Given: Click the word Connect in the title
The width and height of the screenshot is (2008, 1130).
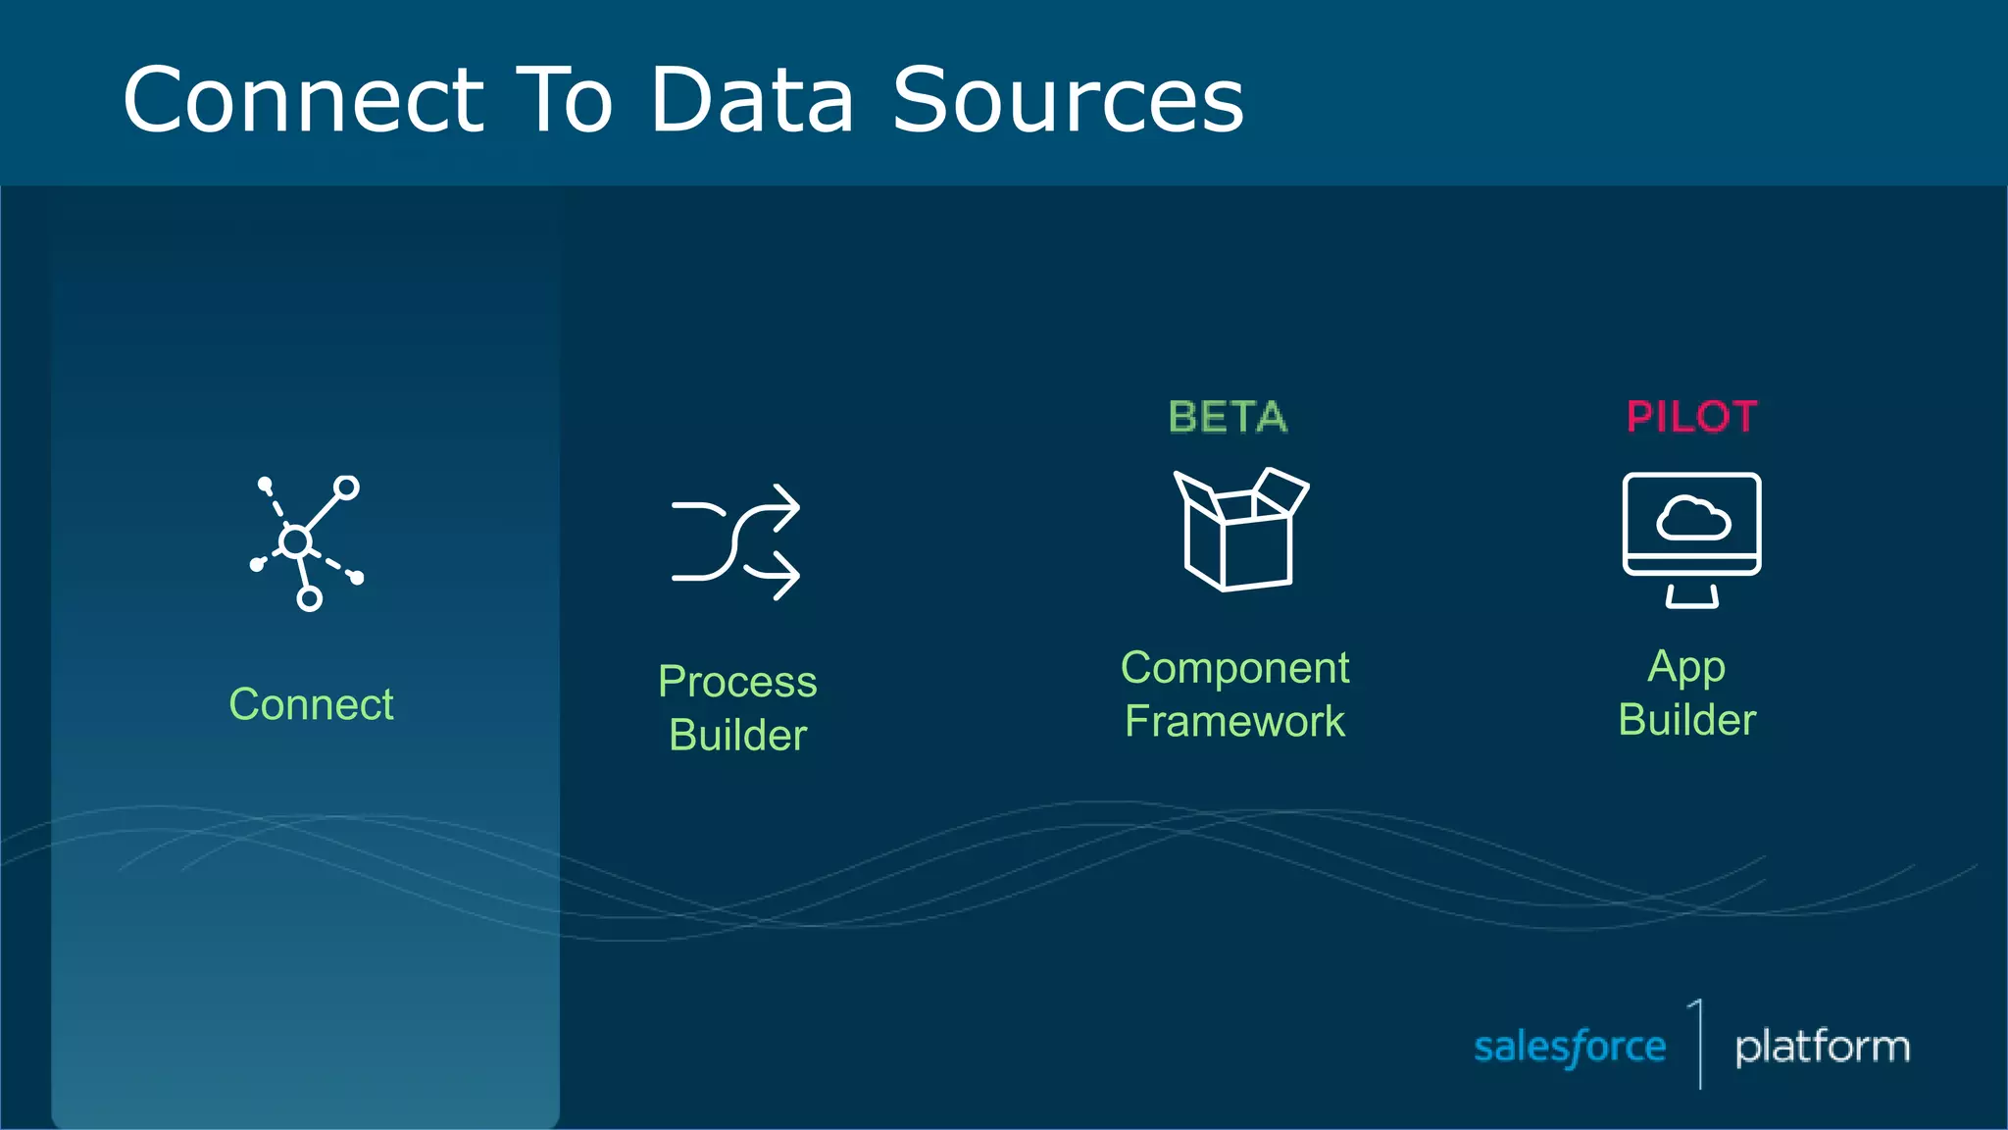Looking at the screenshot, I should click(303, 100).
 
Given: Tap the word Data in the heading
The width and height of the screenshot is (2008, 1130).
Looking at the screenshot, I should click(752, 100).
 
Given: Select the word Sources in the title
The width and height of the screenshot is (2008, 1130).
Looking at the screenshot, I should click(1068, 100).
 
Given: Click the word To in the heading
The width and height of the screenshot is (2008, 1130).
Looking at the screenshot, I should click(564, 100).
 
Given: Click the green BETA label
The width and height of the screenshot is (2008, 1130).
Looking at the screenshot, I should click(1228, 417).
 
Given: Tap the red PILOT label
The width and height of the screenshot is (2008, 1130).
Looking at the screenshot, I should click(1691, 417).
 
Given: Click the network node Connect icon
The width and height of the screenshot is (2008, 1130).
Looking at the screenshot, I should click(305, 541).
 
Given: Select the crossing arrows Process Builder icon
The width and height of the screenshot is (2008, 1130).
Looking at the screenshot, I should click(735, 541).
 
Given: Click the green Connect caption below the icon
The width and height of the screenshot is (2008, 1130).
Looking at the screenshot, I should click(311, 704).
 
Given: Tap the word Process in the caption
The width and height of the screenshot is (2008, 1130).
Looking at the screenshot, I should click(737, 682).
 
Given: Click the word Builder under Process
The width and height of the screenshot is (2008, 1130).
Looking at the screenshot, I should click(737, 735).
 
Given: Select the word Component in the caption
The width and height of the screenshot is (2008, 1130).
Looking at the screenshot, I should click(1234, 668).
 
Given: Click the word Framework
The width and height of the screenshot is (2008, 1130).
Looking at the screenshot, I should click(1234, 721).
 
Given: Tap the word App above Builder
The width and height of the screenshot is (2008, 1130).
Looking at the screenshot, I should click(1686, 668).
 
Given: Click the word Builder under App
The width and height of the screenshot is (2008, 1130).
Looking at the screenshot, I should click(1686, 720).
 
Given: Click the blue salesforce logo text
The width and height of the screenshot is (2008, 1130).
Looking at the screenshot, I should click(1569, 1048).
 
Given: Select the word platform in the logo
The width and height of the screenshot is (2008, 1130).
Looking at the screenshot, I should click(1822, 1048).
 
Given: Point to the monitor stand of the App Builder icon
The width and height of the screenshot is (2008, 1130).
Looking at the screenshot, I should click(1691, 596).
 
